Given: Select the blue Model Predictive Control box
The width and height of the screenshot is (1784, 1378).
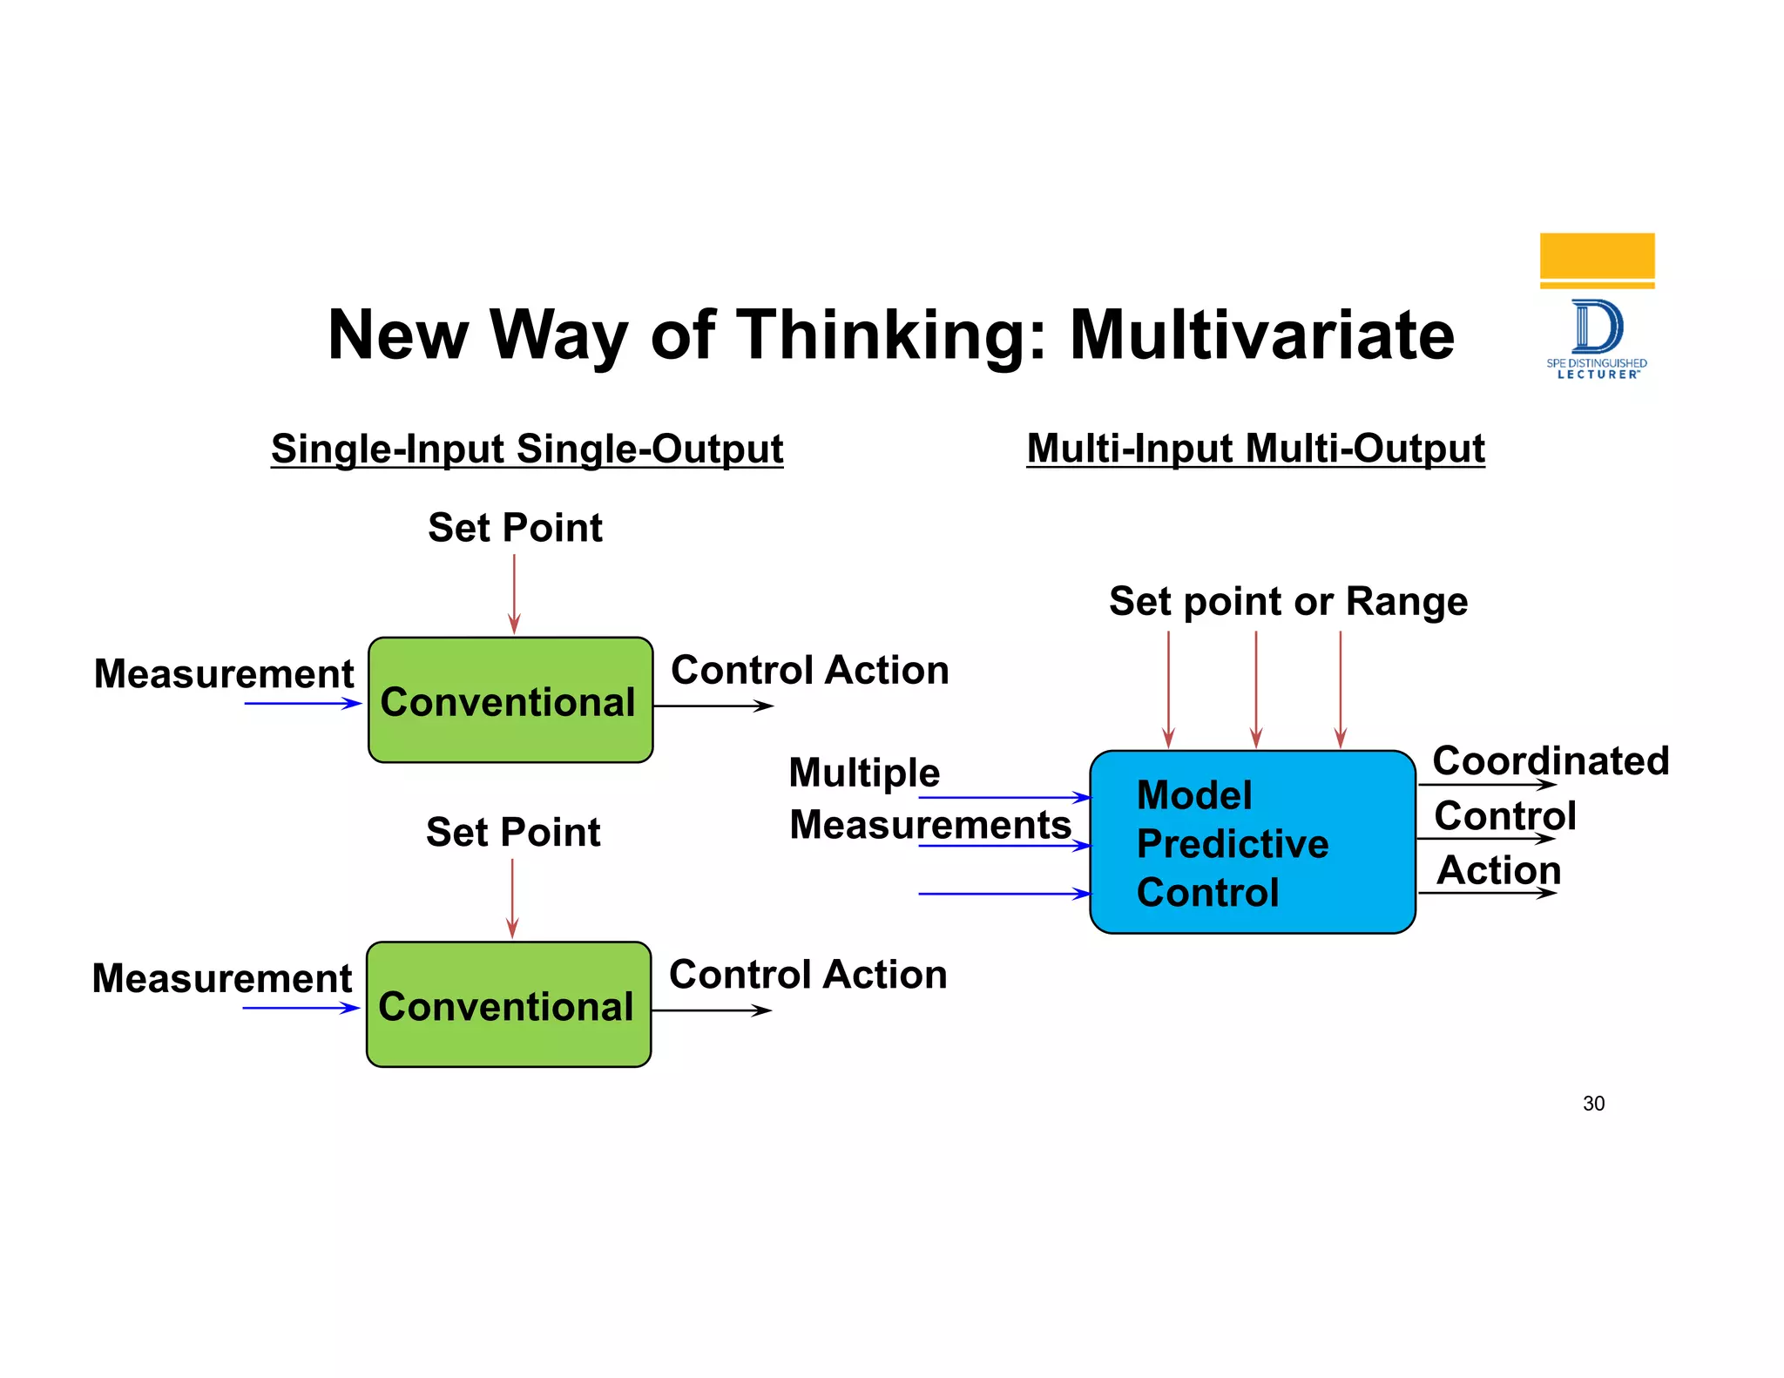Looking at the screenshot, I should click(1252, 842).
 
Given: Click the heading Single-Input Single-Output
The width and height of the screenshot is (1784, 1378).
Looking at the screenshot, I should click(527, 449).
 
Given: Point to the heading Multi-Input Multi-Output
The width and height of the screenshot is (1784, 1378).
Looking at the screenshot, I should click(1255, 449).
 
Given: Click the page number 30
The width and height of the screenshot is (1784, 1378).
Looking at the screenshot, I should click(1593, 1104).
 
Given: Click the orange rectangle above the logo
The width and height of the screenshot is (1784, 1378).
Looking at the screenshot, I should click(1597, 256).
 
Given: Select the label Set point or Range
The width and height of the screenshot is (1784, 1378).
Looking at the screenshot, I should click(1287, 602).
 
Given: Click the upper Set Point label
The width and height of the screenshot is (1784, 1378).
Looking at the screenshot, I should click(515, 528).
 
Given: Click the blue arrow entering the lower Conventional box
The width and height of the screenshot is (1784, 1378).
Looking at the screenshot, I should click(301, 1008).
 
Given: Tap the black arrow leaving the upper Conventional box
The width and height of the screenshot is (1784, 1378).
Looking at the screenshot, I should click(713, 706).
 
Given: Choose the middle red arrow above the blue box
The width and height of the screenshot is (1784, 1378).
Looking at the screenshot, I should click(1255, 688).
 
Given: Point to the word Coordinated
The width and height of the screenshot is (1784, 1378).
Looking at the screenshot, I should click(1551, 760).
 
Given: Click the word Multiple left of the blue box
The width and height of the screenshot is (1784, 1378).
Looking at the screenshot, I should click(864, 773).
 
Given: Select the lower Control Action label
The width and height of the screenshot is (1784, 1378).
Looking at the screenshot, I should click(808, 975).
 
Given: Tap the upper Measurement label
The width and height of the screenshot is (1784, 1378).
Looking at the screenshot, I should click(224, 674).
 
